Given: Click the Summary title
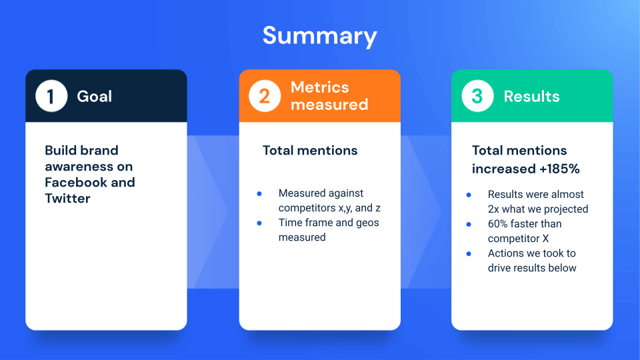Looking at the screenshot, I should click(319, 35).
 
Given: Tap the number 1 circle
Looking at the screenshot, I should click(51, 96).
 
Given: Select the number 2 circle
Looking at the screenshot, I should click(265, 96).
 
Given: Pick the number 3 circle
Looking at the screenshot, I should click(477, 96).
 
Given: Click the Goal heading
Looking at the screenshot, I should click(95, 96).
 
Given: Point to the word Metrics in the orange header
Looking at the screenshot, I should click(319, 87).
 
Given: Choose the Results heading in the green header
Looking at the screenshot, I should click(531, 96).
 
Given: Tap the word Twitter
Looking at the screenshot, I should click(67, 198).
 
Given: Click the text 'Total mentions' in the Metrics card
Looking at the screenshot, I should click(310, 150).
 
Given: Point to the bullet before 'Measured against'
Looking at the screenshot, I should click(259, 193).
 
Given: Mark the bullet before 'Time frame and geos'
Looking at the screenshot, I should click(259, 223).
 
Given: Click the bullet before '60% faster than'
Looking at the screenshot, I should click(469, 224).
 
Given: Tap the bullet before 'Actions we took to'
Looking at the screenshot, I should click(469, 253).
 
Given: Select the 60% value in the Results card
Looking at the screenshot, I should click(499, 224).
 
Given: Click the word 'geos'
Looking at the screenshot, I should click(365, 223).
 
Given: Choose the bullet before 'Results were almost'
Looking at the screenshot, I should click(469, 195).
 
